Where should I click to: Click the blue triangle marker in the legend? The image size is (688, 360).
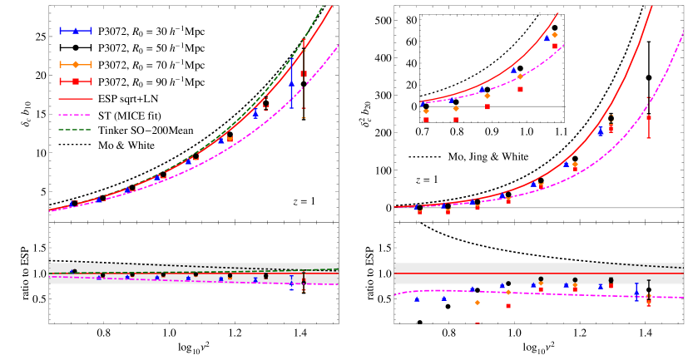tap(76, 31)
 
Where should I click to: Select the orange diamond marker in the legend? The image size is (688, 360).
tap(76, 64)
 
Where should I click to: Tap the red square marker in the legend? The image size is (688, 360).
tap(76, 81)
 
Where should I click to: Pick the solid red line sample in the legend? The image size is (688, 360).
tap(75, 99)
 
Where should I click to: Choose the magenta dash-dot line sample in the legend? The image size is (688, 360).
tap(75, 115)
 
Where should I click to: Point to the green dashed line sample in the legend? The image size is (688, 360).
tap(75, 130)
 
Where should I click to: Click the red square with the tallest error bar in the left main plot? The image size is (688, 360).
tap(304, 74)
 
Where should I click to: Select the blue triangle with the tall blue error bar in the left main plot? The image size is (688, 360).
tap(291, 83)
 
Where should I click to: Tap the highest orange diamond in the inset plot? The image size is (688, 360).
tap(555, 35)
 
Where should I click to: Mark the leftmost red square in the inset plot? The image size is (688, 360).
tap(426, 120)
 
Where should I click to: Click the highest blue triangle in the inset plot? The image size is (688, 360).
tap(547, 37)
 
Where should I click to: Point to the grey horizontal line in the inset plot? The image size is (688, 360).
tap(499, 106)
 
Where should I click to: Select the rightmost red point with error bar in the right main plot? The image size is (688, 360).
tap(649, 118)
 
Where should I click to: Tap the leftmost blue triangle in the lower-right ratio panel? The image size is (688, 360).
tap(417, 299)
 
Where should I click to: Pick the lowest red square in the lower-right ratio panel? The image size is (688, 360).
tap(508, 306)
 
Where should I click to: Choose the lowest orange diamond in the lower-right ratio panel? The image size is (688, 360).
tap(477, 303)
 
